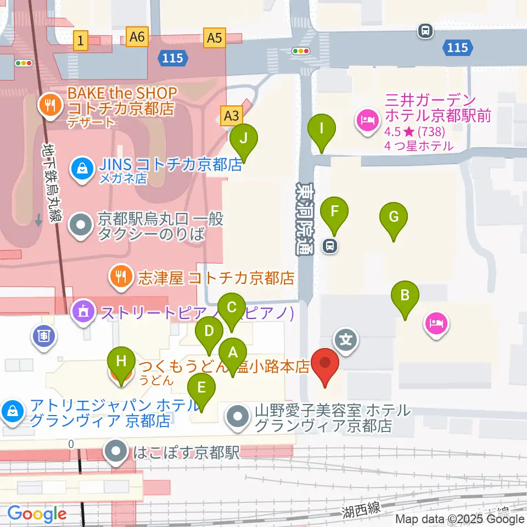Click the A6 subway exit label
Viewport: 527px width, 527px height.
(x=137, y=37)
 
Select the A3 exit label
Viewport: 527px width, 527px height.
(x=232, y=116)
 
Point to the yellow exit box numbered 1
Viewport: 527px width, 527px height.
(x=81, y=40)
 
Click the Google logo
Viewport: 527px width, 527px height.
(x=37, y=514)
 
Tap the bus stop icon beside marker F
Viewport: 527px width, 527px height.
(x=330, y=246)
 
